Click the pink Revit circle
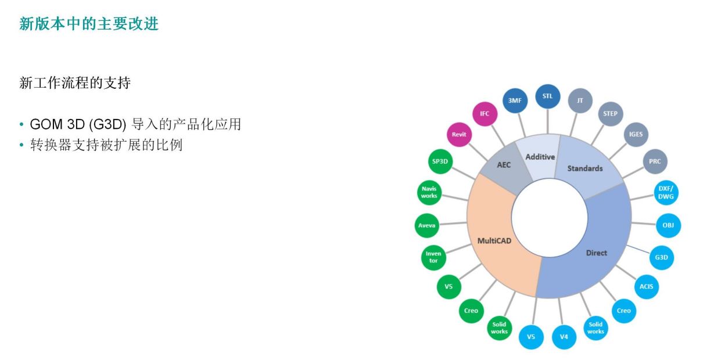click(459, 135)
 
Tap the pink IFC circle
click(485, 114)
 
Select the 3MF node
click(515, 100)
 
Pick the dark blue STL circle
click(547, 96)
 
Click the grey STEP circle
click(610, 114)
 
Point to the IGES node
click(636, 135)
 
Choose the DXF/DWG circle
click(666, 193)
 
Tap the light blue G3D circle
click(661, 257)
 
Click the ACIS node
click(646, 287)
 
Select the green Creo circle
click(471, 311)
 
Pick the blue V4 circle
click(564, 337)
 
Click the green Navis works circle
click(429, 193)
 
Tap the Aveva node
click(427, 225)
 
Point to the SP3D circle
click(440, 161)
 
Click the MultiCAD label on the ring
click(494, 241)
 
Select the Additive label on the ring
click(540, 157)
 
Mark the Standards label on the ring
click(585, 168)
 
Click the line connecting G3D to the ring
click(638, 249)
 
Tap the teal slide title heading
click(89, 24)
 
